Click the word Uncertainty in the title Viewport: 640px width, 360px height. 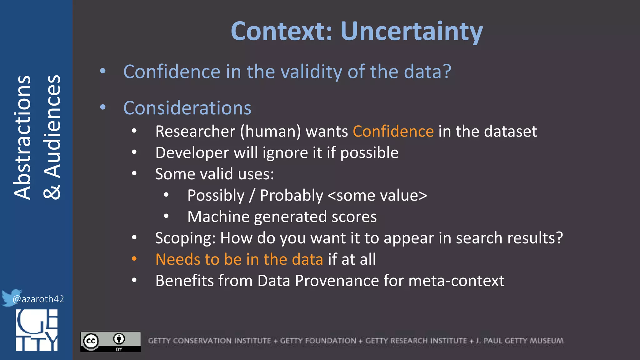(412, 31)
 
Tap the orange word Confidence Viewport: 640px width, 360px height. (393, 131)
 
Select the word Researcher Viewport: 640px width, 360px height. (195, 131)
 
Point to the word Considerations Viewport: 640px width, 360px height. (187, 108)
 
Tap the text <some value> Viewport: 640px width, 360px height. (377, 196)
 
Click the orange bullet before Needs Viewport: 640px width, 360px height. (134, 259)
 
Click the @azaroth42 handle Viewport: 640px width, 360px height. (38, 299)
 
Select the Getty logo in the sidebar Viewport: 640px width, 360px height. (37, 330)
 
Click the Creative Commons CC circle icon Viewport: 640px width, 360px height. (91, 341)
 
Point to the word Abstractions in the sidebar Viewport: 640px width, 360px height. (22, 137)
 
